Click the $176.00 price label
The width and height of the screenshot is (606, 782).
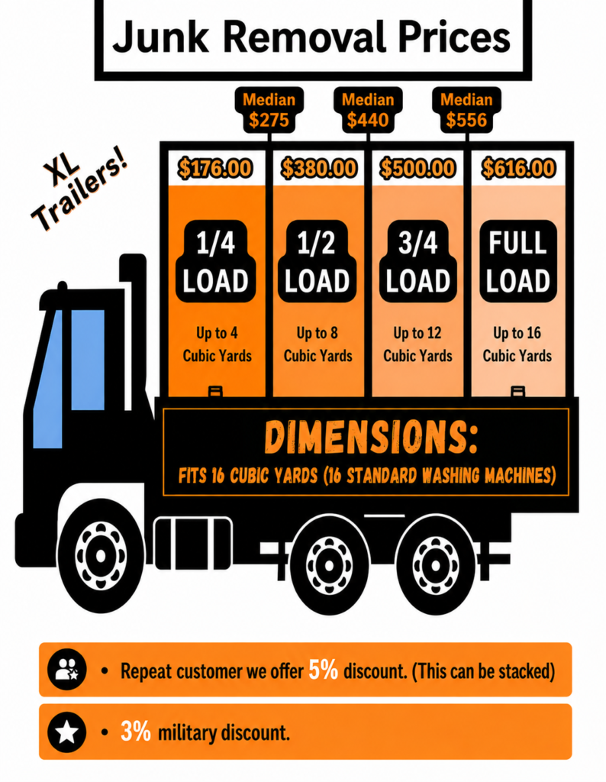pos(215,168)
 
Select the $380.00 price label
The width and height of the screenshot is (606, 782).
pos(318,168)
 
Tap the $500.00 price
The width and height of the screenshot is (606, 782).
pos(417,168)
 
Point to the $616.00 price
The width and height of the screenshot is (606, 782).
pos(517,168)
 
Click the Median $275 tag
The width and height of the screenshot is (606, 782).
pos(269,110)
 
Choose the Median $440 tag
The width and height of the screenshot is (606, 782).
pos(368,110)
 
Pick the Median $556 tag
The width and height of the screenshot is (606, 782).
pos(466,110)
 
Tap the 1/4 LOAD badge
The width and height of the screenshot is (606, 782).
pos(216,261)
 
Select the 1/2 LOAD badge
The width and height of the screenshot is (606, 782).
pos(317,261)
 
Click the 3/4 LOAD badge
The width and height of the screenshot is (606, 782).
pos(417,261)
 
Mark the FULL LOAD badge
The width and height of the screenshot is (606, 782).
pos(517,261)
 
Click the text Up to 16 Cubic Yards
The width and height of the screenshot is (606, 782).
pos(517,344)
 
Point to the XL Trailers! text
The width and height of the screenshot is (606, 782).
pos(79,191)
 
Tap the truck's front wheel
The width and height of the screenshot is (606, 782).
pos(100,555)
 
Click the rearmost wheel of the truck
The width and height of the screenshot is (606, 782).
pos(435,564)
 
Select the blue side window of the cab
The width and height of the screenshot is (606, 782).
pos(88,360)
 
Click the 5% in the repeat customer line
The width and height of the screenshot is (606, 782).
pos(324,670)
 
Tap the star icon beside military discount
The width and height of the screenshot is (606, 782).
pos(66,732)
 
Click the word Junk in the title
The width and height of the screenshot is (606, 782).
pos(160,37)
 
